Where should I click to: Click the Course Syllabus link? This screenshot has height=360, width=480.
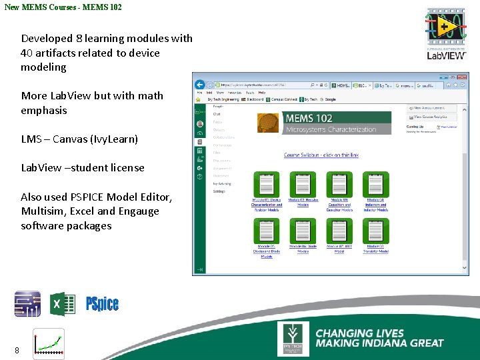pyautogui.click(x=321, y=155)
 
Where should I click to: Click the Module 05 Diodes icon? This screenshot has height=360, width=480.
pyautogui.click(x=266, y=231)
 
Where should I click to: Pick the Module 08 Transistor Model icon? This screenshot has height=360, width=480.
pyautogui.click(x=375, y=231)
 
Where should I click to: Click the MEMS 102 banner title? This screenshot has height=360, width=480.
pyautogui.click(x=309, y=119)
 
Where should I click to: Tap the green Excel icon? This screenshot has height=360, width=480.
pyautogui.click(x=63, y=304)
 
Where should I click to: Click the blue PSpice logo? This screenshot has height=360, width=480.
pyautogui.click(x=102, y=304)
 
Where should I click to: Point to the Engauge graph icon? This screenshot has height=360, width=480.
pyautogui.click(x=49, y=343)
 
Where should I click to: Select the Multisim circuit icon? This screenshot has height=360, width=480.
pyautogui.click(x=27, y=304)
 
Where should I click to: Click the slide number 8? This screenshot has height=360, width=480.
pyautogui.click(x=17, y=350)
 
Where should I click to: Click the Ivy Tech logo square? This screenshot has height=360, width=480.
pyautogui.click(x=293, y=339)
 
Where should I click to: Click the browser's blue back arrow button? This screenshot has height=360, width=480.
pyautogui.click(x=199, y=85)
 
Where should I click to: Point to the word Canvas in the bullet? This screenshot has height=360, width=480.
pyautogui.click(x=71, y=139)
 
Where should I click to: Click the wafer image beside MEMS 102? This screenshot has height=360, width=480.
pyautogui.click(x=268, y=123)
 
